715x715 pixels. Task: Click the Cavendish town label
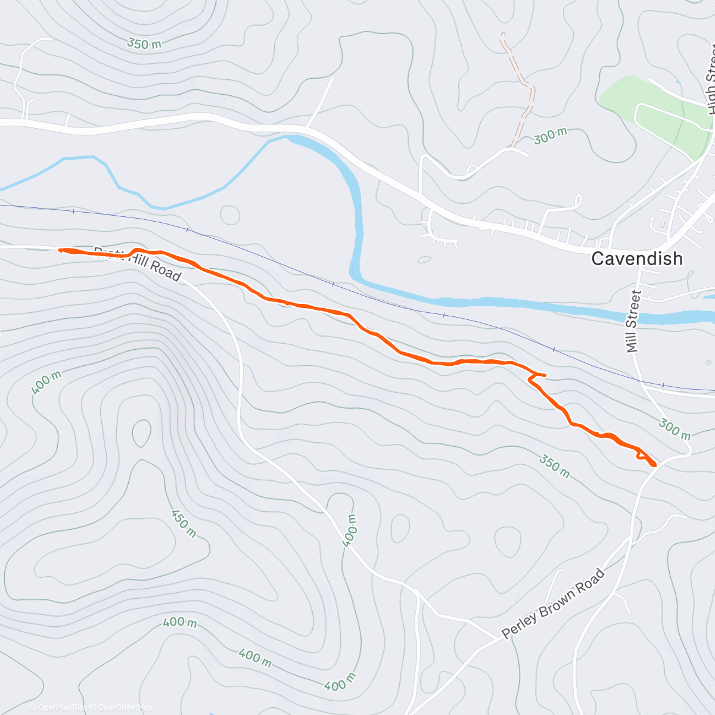636,259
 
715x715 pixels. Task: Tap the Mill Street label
633,321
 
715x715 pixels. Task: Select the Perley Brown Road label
553,604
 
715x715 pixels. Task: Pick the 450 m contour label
184,523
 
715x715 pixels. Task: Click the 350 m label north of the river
144,43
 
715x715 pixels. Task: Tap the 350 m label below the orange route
554,466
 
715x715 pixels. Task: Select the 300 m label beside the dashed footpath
550,136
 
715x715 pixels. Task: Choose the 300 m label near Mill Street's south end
674,428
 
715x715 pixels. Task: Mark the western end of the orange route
60,250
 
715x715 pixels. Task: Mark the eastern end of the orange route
654,464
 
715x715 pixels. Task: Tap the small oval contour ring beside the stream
230,215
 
